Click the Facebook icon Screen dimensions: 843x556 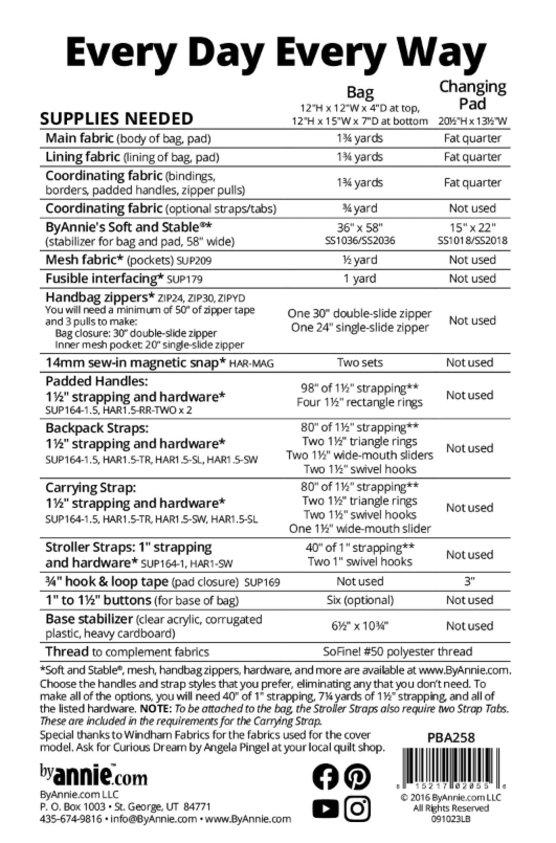pyautogui.click(x=325, y=777)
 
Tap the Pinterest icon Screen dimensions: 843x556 pyautogui.click(x=357, y=777)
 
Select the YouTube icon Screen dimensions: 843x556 pyautogui.click(x=325, y=809)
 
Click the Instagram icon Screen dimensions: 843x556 pyautogui.click(x=357, y=809)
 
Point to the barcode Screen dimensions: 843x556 pyautogui.click(x=451, y=768)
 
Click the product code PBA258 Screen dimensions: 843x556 pyautogui.click(x=451, y=737)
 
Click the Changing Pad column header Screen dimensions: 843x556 pyautogui.click(x=472, y=95)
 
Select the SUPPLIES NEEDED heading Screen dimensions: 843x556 pyautogui.click(x=116, y=119)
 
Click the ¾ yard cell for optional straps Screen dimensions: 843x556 pyautogui.click(x=360, y=208)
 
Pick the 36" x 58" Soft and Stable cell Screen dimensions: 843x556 pyautogui.click(x=360, y=228)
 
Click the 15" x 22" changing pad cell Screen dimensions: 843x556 pyautogui.click(x=472, y=228)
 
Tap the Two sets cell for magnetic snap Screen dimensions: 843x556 pyautogui.click(x=360, y=363)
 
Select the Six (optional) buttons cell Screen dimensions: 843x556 pyautogui.click(x=360, y=600)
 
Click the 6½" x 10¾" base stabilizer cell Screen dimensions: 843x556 pyautogui.click(x=360, y=626)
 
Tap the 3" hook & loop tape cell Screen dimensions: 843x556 pyautogui.click(x=470, y=581)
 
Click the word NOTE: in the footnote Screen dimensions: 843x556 pyautogui.click(x=155, y=709)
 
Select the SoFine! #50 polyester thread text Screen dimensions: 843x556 pyautogui.click(x=397, y=652)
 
